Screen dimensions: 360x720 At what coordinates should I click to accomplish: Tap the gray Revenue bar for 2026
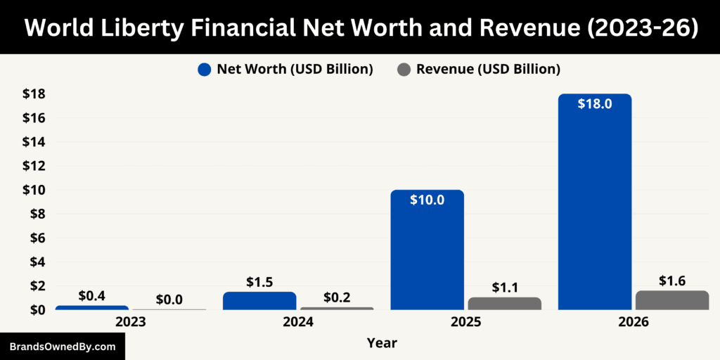coord(672,300)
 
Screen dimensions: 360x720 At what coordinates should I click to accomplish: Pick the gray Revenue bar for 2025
coord(504,303)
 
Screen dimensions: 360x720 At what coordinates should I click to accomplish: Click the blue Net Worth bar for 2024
coord(259,301)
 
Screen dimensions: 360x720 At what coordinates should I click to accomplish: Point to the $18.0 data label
coord(595,103)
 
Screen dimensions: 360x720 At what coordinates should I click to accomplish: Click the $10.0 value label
coord(427,200)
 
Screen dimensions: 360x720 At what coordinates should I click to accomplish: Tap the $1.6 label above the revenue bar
coord(672,281)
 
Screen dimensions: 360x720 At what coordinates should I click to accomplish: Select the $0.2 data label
coord(337,297)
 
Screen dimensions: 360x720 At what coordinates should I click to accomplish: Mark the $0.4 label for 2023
coord(92,295)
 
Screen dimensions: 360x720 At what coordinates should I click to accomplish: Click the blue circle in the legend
coord(205,69)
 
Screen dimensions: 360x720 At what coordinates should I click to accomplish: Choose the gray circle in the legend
coord(404,69)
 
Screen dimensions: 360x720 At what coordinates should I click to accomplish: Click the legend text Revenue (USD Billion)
coord(488,69)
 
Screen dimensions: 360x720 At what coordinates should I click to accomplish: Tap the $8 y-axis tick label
coord(36,214)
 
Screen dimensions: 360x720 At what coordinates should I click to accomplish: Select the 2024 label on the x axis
coord(298,321)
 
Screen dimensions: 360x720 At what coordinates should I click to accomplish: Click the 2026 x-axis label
coord(634,321)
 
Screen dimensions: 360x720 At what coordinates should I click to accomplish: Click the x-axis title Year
coord(382,343)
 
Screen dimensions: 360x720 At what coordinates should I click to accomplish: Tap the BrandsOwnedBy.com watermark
coord(62,347)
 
